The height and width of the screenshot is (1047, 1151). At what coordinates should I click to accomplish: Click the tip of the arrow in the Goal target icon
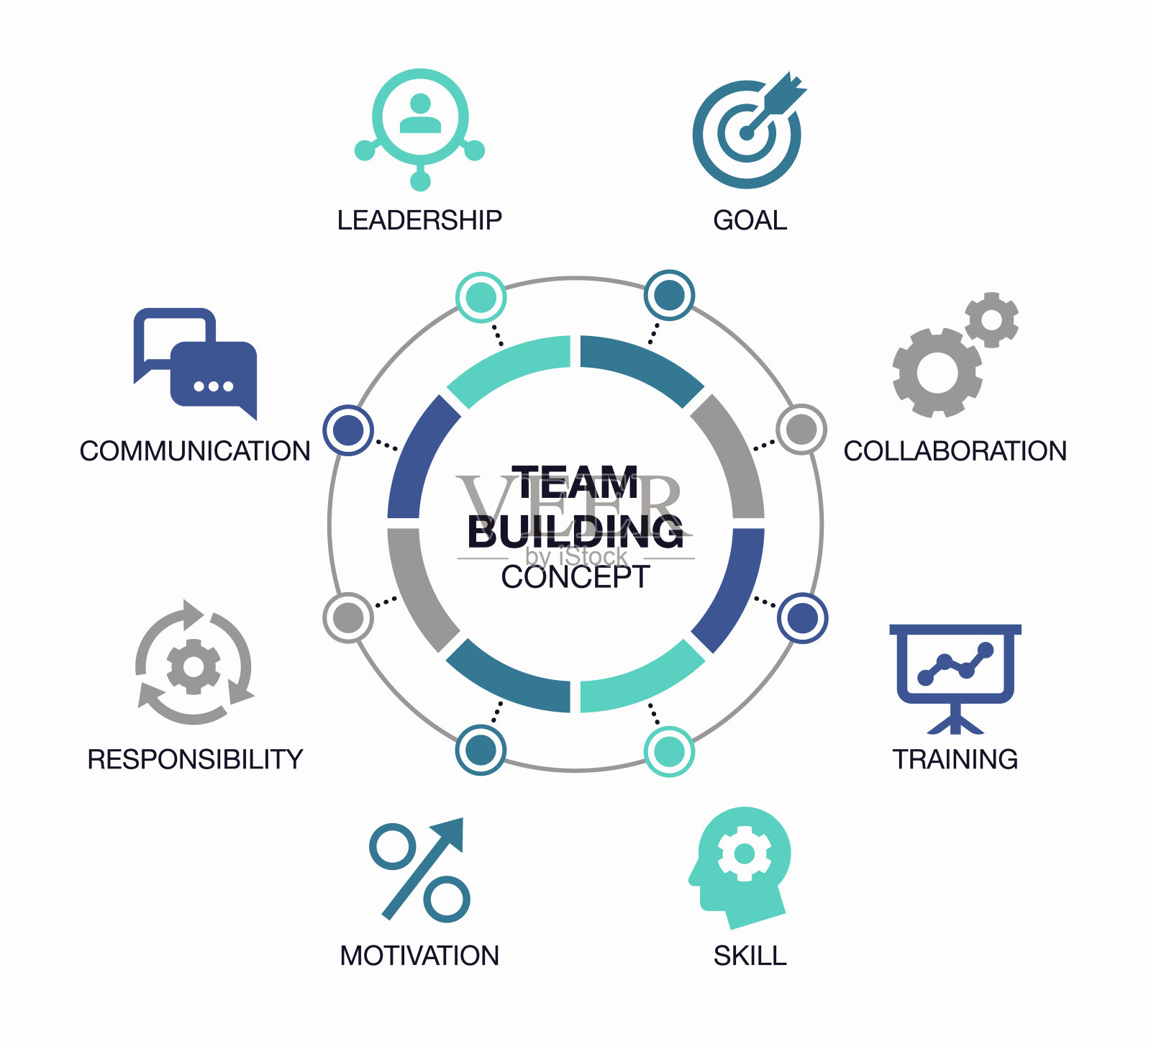pyautogui.click(x=747, y=133)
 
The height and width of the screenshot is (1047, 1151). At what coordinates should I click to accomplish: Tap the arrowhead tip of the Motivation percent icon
pyautogui.click(x=463, y=818)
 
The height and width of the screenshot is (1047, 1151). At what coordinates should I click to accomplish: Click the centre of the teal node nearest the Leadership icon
pyautogui.click(x=481, y=297)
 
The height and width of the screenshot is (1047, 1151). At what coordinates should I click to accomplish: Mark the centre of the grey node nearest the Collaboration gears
pyautogui.click(x=801, y=430)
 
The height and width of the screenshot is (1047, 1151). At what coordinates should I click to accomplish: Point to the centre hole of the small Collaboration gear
pyautogui.click(x=991, y=319)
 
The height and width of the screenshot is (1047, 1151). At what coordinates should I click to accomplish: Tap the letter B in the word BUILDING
pyautogui.click(x=483, y=532)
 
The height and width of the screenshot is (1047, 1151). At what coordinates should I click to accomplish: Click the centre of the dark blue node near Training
pyautogui.click(x=802, y=618)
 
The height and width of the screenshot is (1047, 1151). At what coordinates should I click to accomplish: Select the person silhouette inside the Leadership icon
pyautogui.click(x=420, y=114)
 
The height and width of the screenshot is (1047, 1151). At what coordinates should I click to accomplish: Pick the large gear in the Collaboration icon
pyautogui.click(x=937, y=373)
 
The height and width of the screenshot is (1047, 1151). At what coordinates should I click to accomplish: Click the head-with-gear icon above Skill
pyautogui.click(x=740, y=867)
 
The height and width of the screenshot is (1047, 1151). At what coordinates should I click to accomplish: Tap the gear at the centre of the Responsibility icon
pyautogui.click(x=194, y=666)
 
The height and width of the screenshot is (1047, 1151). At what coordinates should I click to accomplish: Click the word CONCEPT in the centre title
pyautogui.click(x=575, y=577)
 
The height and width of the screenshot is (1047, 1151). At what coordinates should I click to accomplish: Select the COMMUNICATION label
pyautogui.click(x=195, y=451)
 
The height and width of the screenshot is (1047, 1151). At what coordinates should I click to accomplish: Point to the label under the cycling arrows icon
pyautogui.click(x=195, y=759)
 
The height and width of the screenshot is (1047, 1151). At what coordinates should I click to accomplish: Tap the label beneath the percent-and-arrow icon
pyautogui.click(x=419, y=956)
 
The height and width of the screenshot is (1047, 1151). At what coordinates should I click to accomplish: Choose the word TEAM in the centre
pyautogui.click(x=575, y=482)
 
